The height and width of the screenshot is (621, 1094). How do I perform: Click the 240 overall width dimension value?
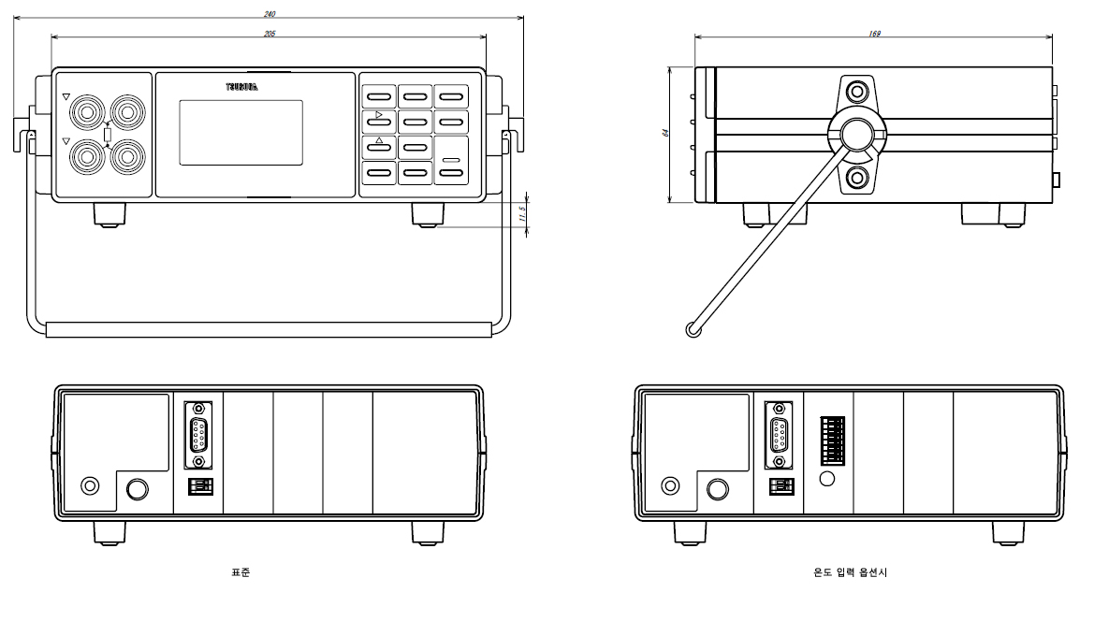(x=269, y=13)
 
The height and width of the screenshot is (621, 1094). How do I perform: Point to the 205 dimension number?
(x=269, y=34)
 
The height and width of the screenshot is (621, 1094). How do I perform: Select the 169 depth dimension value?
(x=874, y=34)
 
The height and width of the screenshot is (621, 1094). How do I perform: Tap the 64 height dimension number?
(x=665, y=134)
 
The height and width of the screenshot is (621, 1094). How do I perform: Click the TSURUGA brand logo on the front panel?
(x=241, y=87)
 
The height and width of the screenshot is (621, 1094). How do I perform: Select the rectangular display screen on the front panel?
(x=241, y=133)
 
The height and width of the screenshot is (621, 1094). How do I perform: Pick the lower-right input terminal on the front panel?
(x=125, y=155)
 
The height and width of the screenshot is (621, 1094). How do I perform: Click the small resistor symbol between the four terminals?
(x=106, y=135)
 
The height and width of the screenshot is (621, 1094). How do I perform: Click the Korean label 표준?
(x=241, y=571)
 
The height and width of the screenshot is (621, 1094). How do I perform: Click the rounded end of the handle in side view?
(x=693, y=329)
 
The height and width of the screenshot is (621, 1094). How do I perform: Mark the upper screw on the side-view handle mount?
(x=856, y=92)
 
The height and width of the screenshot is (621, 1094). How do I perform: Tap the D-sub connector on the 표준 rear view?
(x=198, y=434)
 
